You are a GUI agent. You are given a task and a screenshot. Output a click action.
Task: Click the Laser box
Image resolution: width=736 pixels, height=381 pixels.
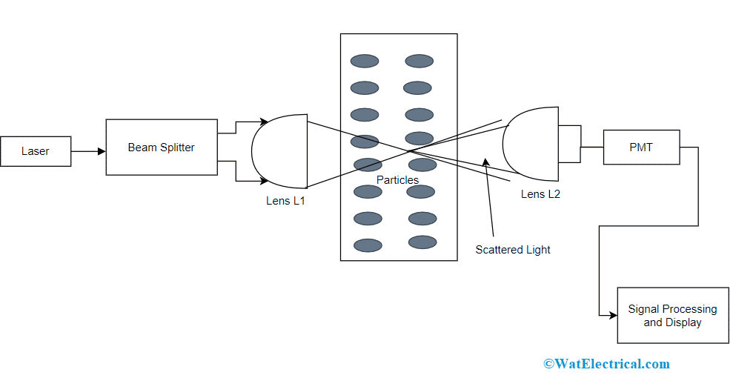point(36,151)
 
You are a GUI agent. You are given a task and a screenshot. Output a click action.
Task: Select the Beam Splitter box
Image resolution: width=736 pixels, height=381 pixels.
point(162,147)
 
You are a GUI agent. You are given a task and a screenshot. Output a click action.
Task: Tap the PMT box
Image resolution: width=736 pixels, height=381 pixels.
point(641,147)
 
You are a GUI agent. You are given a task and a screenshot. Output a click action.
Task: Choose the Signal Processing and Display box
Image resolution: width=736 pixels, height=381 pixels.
point(673,316)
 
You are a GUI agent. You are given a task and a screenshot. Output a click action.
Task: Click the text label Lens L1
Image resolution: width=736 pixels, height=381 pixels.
point(285,201)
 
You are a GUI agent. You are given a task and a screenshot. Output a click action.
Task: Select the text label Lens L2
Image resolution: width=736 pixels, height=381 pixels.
point(540,194)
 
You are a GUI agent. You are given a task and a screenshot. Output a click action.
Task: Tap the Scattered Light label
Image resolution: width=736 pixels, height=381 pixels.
point(513,250)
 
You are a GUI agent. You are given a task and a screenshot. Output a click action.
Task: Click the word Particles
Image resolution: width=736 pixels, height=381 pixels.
point(397,180)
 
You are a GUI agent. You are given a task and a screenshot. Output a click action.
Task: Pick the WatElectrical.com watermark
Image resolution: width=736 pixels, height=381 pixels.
point(606,364)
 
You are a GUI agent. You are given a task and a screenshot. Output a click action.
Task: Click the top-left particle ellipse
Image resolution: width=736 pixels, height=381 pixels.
point(365,61)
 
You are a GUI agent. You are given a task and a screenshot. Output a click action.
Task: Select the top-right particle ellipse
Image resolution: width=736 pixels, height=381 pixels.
point(419,61)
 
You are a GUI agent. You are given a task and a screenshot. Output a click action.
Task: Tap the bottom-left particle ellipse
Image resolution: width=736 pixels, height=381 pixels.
point(368,245)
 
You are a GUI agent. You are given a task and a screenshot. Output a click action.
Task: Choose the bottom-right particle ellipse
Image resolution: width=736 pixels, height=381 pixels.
point(422,242)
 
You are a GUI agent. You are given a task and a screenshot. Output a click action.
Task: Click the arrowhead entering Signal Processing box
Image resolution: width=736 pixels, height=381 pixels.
point(613,315)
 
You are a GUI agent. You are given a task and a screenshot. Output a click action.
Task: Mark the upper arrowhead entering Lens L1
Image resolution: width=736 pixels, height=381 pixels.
point(263,121)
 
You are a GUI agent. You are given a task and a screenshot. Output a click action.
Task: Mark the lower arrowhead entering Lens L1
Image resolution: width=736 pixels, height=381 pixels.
point(263,181)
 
